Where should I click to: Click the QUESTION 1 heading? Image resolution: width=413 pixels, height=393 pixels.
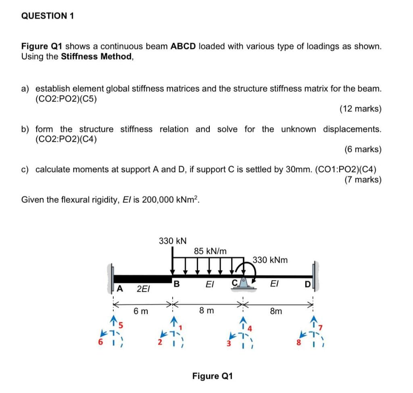click(48, 16)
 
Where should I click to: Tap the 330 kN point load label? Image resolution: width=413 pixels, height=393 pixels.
click(173, 241)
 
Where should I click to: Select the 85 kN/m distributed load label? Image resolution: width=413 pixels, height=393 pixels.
click(210, 251)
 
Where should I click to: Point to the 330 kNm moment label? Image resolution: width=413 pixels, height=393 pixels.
click(270, 260)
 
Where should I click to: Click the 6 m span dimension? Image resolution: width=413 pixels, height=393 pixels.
click(141, 311)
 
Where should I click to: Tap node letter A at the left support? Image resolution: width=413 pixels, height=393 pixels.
click(119, 288)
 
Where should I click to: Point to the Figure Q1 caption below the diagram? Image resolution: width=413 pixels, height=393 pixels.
click(213, 376)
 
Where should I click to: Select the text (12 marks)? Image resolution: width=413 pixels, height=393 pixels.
click(360, 109)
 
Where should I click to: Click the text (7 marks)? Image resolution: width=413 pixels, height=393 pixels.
click(363, 179)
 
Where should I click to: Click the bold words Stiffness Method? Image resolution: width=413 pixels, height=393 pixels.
click(96, 56)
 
